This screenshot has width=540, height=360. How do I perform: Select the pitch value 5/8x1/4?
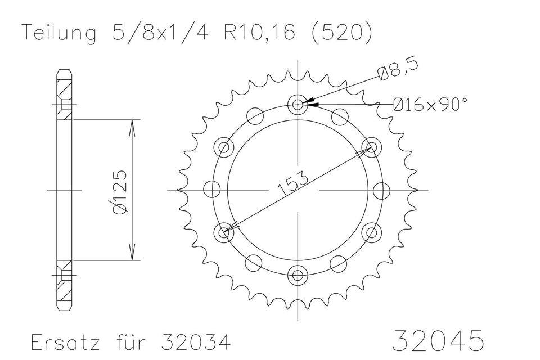[x=159, y=33]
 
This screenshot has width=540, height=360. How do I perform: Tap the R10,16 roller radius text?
[x=259, y=33]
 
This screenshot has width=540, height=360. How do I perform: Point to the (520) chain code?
[x=341, y=34]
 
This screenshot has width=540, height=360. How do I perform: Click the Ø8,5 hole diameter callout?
[x=398, y=69]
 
